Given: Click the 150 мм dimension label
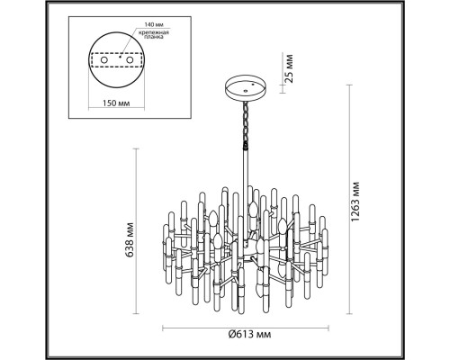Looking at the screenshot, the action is click(116, 103).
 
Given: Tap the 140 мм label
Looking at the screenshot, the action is click(154, 24).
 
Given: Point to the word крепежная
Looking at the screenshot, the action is click(154, 32).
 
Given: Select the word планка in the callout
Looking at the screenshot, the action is click(154, 37).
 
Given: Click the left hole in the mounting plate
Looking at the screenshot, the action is click(103, 60).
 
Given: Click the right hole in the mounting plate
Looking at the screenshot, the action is click(130, 60).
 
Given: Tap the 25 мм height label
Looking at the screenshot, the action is click(288, 68).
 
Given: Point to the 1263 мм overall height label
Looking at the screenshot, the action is click(355, 202).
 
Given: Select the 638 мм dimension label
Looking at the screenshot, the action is click(130, 239).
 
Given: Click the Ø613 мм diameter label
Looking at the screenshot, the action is click(249, 334).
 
